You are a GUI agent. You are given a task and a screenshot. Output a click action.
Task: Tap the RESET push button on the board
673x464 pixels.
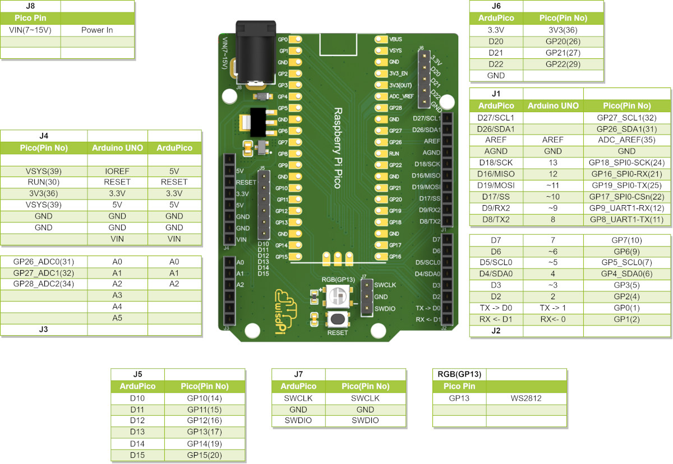pyautogui.click(x=337, y=319)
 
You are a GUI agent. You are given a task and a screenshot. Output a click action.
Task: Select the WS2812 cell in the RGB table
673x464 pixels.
pyautogui.click(x=527, y=398)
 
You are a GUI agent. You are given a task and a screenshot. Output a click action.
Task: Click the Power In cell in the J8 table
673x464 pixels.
pyautogui.click(x=97, y=30)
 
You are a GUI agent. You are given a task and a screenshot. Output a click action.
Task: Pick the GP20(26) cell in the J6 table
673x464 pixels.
pyautogui.click(x=563, y=41)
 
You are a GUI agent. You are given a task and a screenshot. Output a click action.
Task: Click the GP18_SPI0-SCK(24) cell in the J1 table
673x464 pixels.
pyautogui.click(x=626, y=163)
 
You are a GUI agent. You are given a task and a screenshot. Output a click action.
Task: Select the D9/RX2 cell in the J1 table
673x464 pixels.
pyautogui.click(x=496, y=208)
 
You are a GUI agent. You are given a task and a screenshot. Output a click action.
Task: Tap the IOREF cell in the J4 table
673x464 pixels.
pyautogui.click(x=117, y=171)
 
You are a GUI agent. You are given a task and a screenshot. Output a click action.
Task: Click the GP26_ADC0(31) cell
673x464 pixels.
pyautogui.click(x=44, y=261)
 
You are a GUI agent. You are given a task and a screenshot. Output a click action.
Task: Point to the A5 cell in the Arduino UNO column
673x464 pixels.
pyautogui.click(x=117, y=318)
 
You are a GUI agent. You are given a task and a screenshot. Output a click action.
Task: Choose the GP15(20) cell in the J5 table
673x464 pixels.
pyautogui.click(x=204, y=455)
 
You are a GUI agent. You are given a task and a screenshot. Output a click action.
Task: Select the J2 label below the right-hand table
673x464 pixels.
pyautogui.click(x=496, y=331)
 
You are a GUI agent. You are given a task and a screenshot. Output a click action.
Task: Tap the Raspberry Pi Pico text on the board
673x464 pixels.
pyautogui.click(x=338, y=148)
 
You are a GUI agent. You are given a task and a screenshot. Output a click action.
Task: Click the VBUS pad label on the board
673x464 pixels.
pyautogui.click(x=395, y=39)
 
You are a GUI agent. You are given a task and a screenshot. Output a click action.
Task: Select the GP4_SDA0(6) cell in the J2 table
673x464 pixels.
pyautogui.click(x=626, y=273)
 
